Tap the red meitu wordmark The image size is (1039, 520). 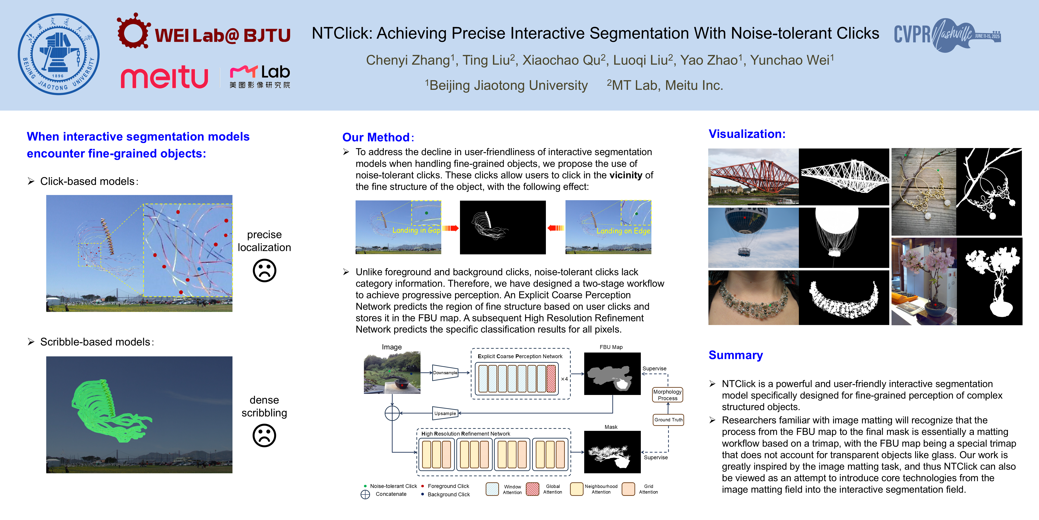[164, 77]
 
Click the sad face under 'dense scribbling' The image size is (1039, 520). [264, 435]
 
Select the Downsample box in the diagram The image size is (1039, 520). [445, 373]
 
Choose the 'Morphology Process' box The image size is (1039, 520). [667, 395]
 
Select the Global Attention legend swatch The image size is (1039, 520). [532, 489]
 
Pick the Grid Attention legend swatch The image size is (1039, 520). [628, 489]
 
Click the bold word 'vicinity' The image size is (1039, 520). [625, 175]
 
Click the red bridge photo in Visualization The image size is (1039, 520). [753, 176]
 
